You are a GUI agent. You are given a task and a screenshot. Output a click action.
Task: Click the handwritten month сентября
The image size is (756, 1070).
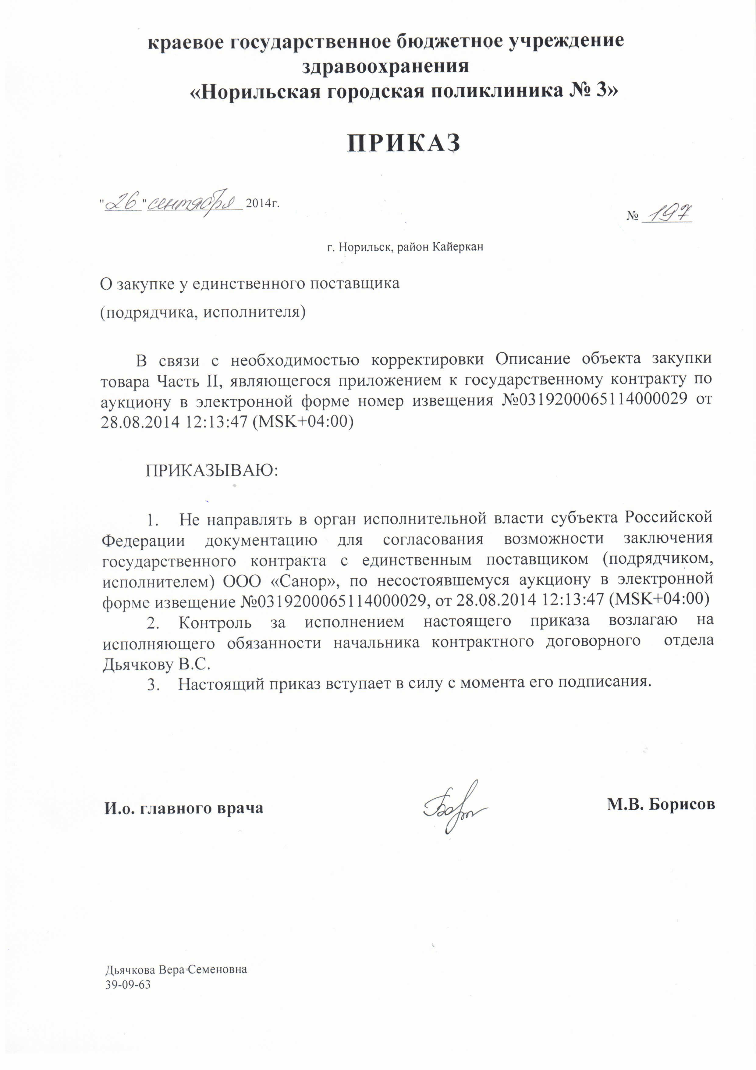[x=195, y=201]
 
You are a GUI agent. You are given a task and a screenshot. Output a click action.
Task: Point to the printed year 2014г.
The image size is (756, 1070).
[x=262, y=203]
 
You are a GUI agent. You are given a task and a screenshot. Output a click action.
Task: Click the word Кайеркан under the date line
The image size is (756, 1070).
[x=458, y=247]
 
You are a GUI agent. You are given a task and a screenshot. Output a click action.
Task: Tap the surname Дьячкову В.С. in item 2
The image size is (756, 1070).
[x=157, y=664]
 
